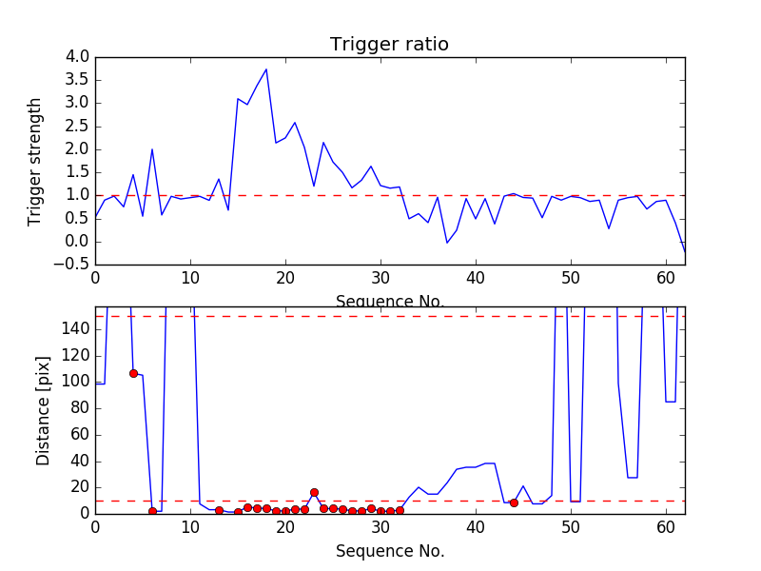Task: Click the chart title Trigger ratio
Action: (x=389, y=45)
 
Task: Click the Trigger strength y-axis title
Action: (x=35, y=161)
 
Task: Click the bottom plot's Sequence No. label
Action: (x=389, y=551)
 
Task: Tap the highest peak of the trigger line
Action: (x=266, y=69)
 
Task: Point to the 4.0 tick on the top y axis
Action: (x=77, y=57)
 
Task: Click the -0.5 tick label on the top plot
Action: (x=73, y=265)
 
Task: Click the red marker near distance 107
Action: (x=133, y=373)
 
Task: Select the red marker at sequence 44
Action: (x=514, y=502)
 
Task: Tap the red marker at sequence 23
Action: (x=314, y=492)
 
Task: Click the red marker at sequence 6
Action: (x=152, y=511)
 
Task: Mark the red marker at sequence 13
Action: (x=219, y=510)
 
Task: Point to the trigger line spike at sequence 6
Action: (x=152, y=149)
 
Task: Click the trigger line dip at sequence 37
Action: (x=447, y=243)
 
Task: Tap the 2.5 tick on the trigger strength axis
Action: (x=77, y=126)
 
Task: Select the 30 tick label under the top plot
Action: (x=380, y=278)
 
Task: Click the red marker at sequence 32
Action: (x=400, y=510)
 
